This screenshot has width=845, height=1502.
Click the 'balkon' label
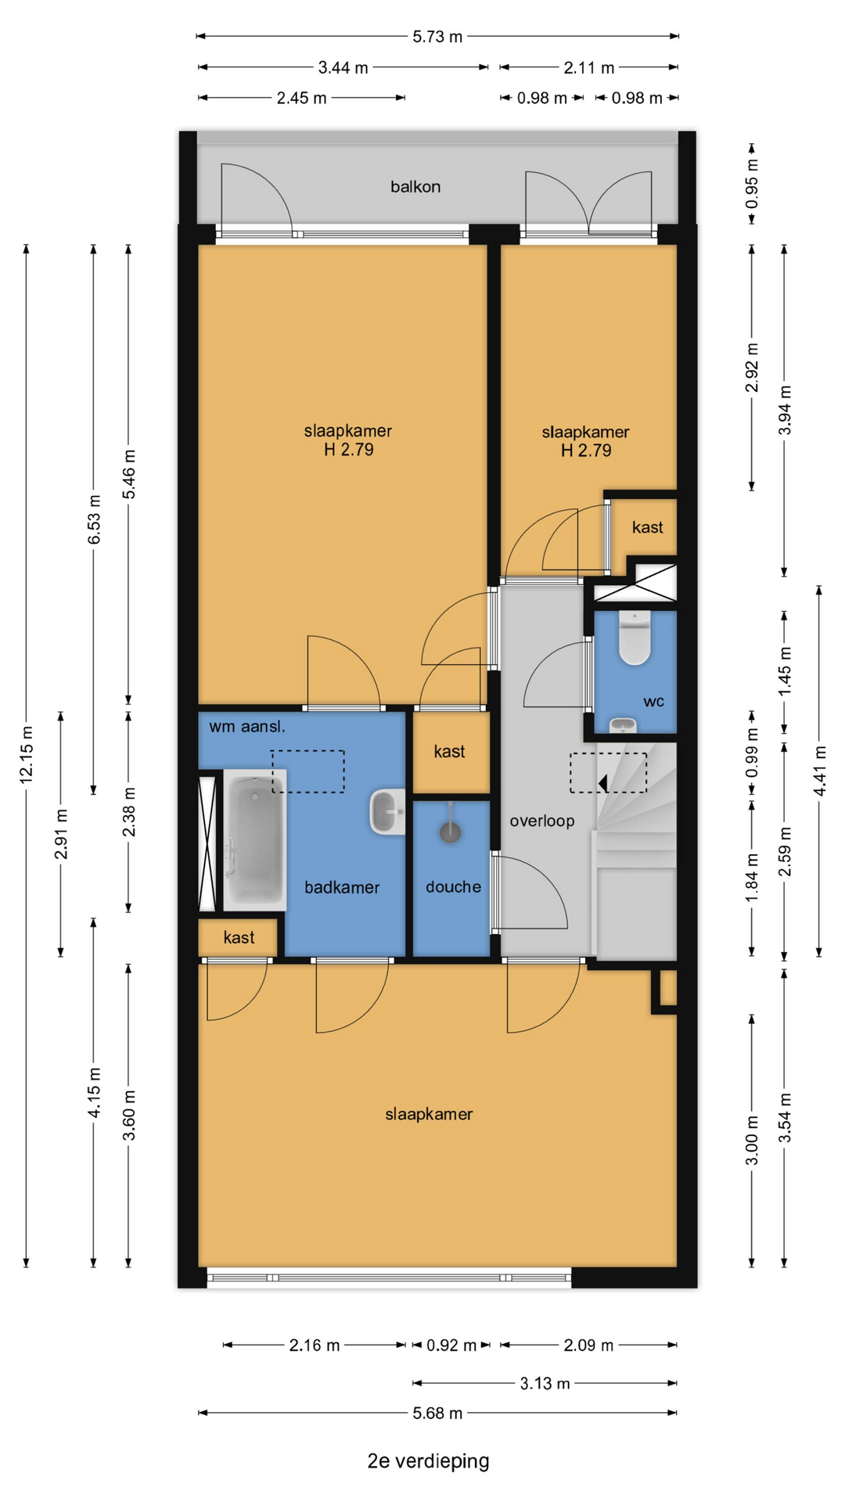[x=415, y=187]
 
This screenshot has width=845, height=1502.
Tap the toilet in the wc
[x=635, y=638]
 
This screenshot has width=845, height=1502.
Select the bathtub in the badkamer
[x=254, y=839]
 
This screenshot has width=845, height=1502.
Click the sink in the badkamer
[x=387, y=812]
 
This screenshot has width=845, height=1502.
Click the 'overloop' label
[x=542, y=821]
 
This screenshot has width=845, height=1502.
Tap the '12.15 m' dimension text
[x=27, y=755]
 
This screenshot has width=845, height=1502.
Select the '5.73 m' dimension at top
[x=437, y=36]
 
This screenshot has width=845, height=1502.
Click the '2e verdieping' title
[x=428, y=1461]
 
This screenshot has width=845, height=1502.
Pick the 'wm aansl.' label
[x=247, y=726]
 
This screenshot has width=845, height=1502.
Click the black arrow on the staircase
[x=603, y=782]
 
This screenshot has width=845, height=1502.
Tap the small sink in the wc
[x=623, y=725]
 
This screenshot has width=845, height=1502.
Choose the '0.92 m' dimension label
[x=451, y=1345]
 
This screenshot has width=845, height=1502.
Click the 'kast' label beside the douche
[x=449, y=752]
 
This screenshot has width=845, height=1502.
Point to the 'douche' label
[x=453, y=886]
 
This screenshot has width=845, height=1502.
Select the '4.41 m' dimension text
[x=820, y=771]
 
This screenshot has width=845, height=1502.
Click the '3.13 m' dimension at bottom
[x=545, y=1383]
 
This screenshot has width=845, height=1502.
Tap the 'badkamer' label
[x=342, y=887]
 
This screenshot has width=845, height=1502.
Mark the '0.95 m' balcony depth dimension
[x=752, y=184]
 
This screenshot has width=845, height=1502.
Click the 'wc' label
[x=653, y=702]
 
